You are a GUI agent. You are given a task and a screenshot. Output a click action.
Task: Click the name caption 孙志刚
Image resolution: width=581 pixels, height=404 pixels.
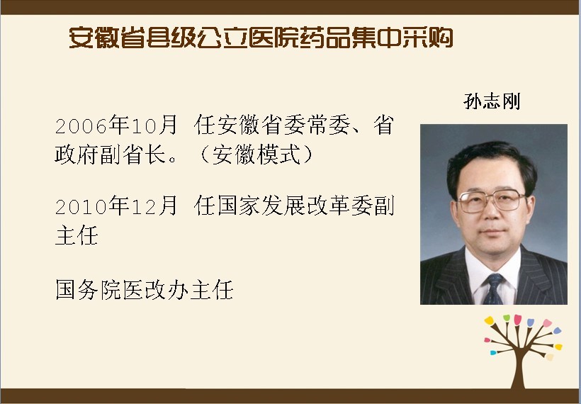(x=492, y=101)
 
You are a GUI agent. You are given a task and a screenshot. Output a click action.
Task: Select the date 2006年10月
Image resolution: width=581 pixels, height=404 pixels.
(x=116, y=125)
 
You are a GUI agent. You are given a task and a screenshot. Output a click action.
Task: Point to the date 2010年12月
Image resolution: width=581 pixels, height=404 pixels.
(x=116, y=206)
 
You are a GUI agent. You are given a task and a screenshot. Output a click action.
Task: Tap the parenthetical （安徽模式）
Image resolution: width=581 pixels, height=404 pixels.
(x=256, y=154)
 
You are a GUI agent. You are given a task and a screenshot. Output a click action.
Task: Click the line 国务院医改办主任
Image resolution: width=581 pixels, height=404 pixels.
(x=144, y=289)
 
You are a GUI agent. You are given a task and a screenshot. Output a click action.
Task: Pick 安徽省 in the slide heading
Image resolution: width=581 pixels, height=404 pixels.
(x=107, y=38)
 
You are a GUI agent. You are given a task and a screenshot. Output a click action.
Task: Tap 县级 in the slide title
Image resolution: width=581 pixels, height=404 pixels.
(x=171, y=38)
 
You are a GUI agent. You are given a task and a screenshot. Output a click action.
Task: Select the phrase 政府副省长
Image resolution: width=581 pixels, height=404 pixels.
(x=111, y=154)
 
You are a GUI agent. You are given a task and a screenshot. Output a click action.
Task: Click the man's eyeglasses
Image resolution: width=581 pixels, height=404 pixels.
(x=492, y=201)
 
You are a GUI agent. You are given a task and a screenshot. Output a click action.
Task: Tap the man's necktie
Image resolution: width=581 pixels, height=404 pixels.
(x=493, y=288)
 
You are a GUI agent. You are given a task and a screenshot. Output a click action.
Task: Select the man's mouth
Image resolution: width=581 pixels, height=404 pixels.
(x=492, y=232)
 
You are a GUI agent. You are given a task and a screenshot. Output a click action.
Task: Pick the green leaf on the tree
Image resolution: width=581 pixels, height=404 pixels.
(x=507, y=318)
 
